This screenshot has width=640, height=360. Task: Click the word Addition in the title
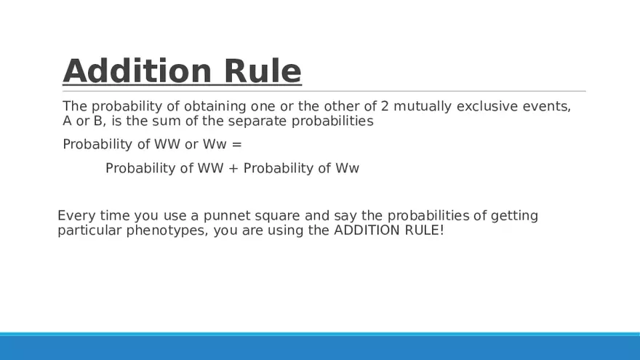(x=137, y=71)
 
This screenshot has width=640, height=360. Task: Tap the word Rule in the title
(x=263, y=71)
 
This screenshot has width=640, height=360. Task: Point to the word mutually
(x=423, y=106)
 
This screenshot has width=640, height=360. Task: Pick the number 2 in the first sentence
(x=385, y=106)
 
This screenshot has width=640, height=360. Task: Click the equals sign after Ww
(x=237, y=145)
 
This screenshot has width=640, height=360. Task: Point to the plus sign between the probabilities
(x=233, y=168)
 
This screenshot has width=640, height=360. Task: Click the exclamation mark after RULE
(x=442, y=231)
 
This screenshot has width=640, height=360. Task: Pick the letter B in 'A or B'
(x=99, y=121)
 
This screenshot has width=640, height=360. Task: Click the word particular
(x=89, y=231)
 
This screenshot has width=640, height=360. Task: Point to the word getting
(x=514, y=216)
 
